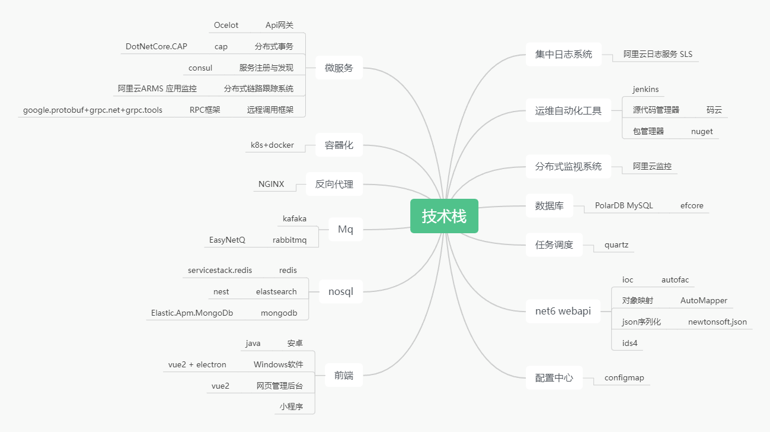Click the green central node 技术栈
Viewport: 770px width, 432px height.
[444, 216]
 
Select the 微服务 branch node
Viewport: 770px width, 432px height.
[338, 68]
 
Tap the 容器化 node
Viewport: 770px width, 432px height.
[338, 145]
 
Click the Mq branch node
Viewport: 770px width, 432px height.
[345, 230]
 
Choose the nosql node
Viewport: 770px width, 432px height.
[340, 291]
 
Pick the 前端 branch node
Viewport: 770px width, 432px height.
[343, 375]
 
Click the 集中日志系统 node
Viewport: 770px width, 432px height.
[563, 55]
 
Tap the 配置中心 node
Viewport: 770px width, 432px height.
[554, 377]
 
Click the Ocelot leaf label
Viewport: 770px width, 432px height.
[226, 25]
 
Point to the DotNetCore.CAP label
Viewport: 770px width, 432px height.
[156, 46]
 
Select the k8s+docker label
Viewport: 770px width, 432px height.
[272, 145]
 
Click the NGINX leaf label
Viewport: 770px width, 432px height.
[271, 184]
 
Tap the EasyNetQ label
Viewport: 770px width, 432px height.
[227, 240]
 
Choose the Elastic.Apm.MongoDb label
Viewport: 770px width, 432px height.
[192, 313]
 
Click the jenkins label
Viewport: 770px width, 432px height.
[646, 89]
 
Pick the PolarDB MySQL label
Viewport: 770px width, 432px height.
[624, 205]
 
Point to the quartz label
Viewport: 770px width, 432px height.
[616, 244]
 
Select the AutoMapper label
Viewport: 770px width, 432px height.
[704, 300]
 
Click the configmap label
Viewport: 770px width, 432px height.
[624, 377]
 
